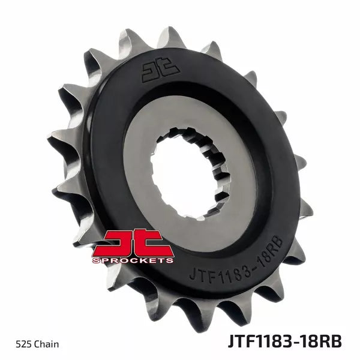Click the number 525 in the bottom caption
click(x=23, y=344)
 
